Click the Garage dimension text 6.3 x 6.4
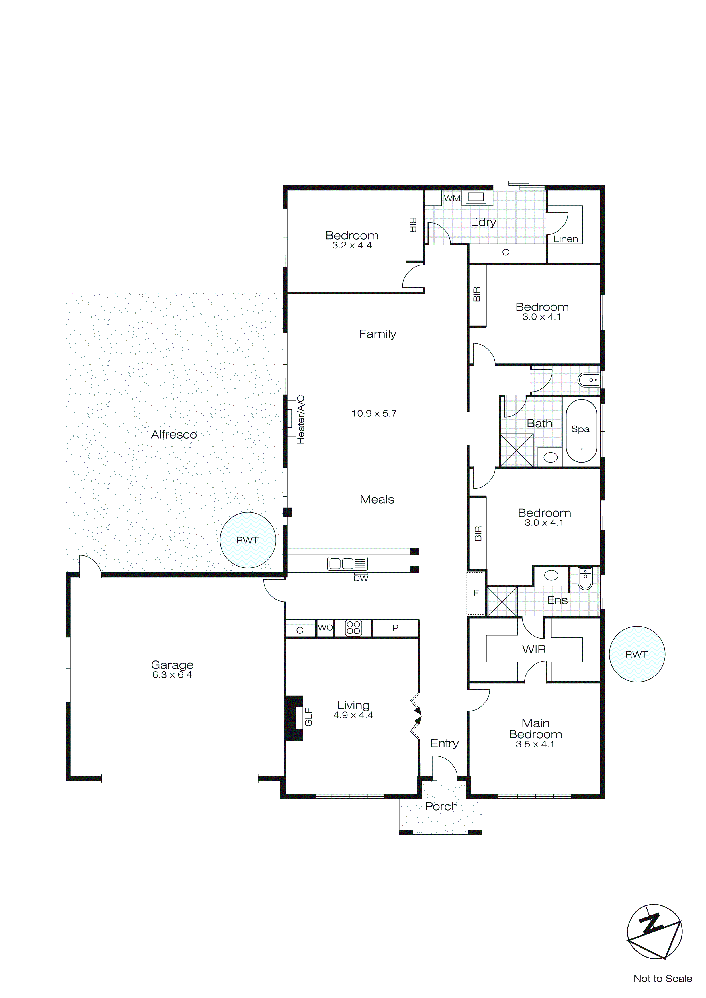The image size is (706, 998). tap(172, 675)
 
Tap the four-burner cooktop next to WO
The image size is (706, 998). tap(353, 628)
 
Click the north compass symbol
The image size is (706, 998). tap(654, 932)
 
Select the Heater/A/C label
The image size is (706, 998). tap(301, 420)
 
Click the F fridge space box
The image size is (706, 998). tap(476, 593)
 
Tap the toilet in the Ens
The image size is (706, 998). tap(585, 578)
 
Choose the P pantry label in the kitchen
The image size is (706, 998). tap(395, 628)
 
